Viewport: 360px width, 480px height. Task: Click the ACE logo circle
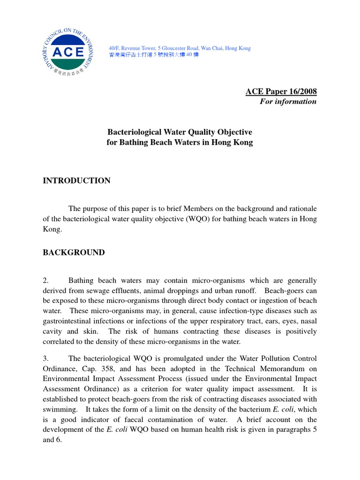[68, 51]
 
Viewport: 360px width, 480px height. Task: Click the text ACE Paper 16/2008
[281, 91]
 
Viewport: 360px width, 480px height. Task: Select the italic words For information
[288, 101]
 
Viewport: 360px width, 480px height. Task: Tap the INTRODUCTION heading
[77, 180]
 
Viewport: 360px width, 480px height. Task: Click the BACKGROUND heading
[74, 252]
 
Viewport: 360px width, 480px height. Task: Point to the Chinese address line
[154, 55]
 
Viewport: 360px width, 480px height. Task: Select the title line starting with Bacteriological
[180, 132]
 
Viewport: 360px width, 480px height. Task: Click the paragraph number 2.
[45, 280]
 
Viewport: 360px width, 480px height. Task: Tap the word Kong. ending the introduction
[52, 230]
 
